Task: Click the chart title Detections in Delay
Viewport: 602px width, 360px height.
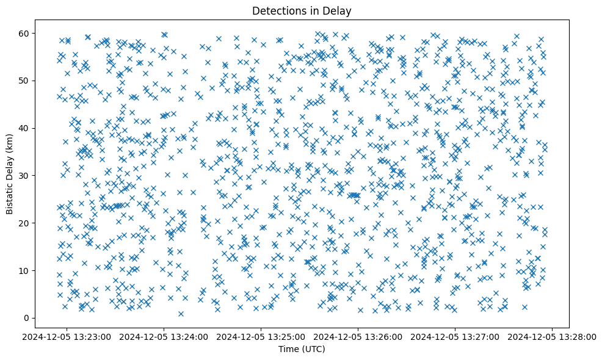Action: pyautogui.click(x=302, y=10)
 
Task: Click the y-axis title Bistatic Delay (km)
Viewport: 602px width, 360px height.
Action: pyautogui.click(x=10, y=175)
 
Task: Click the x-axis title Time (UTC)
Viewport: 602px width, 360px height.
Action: pyautogui.click(x=302, y=349)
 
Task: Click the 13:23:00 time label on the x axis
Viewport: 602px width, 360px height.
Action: pyautogui.click(x=67, y=336)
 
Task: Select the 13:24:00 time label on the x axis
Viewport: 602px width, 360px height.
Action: pyautogui.click(x=164, y=336)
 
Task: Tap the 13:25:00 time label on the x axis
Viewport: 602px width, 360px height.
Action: pyautogui.click(x=261, y=336)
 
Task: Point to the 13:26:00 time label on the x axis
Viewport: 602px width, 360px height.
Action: pyautogui.click(x=358, y=336)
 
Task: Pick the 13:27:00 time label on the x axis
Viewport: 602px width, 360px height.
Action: pyautogui.click(x=455, y=336)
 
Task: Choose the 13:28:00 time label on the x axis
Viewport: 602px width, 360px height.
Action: pyautogui.click(x=553, y=336)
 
